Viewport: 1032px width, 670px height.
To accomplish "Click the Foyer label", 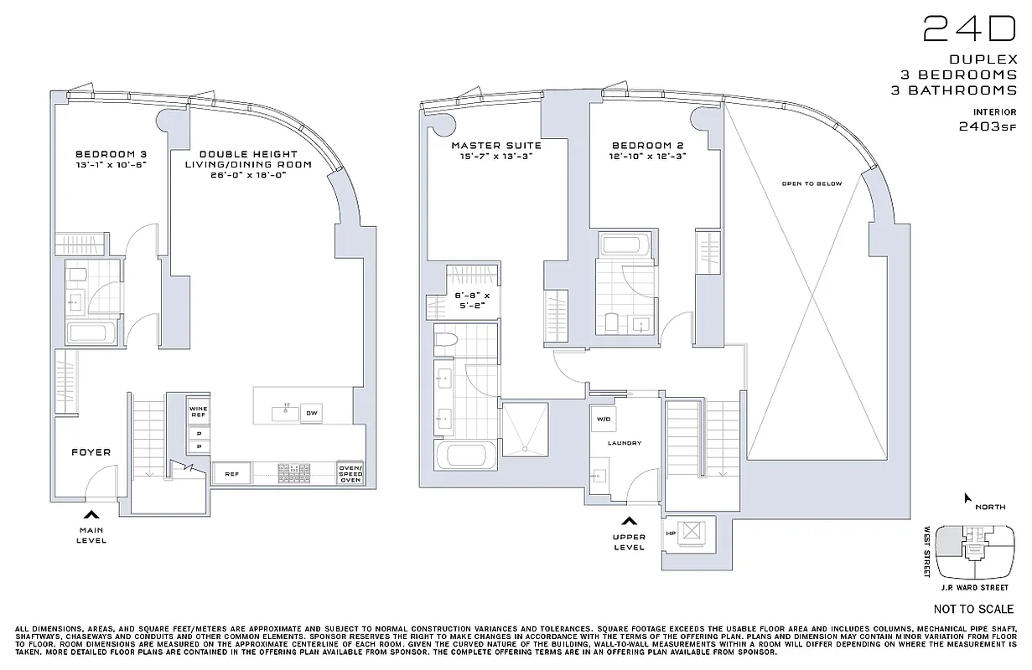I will coord(91,452).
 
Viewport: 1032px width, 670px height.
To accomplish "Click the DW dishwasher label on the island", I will coord(311,413).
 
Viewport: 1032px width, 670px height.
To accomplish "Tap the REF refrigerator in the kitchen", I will coord(232,474).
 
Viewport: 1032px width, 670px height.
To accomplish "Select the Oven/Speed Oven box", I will coord(350,473).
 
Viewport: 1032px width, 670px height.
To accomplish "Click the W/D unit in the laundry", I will coord(603,418).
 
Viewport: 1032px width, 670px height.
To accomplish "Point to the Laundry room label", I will coord(625,443).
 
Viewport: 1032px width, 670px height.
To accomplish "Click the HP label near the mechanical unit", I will coord(671,533).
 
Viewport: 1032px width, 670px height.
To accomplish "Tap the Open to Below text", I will coord(811,183).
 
